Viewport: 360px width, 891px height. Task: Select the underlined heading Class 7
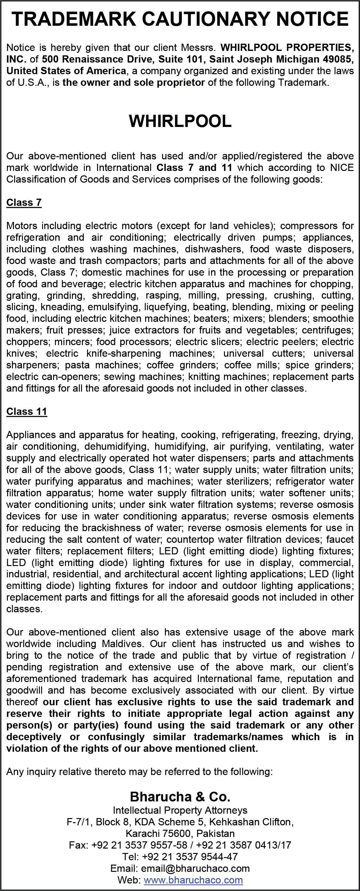24,202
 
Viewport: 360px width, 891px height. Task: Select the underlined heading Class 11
27,412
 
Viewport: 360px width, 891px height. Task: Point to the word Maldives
123,644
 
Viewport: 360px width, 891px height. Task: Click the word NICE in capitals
341,168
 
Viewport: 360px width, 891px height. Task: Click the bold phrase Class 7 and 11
194,168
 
